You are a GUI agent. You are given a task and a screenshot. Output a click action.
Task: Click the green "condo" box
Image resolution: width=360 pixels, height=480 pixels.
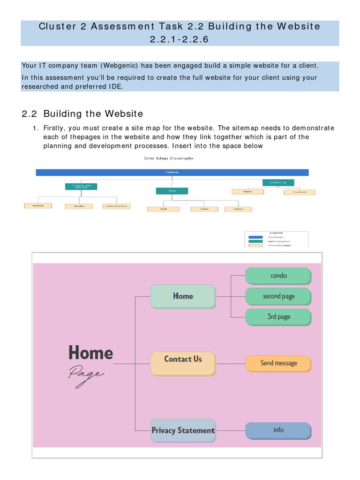[x=278, y=276]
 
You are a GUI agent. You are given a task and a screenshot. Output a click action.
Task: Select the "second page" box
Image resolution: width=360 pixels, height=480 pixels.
[x=278, y=296]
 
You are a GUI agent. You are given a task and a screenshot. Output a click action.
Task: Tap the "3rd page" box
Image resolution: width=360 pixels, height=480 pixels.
[x=278, y=317]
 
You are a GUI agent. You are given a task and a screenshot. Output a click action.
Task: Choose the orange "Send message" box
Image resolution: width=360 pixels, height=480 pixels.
[x=278, y=363]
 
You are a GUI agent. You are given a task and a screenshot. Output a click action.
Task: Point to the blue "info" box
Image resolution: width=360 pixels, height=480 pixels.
[x=278, y=430]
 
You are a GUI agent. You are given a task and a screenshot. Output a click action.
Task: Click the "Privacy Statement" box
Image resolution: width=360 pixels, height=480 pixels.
[x=183, y=430]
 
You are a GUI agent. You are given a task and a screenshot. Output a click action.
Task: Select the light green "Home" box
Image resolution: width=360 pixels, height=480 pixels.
[x=183, y=296]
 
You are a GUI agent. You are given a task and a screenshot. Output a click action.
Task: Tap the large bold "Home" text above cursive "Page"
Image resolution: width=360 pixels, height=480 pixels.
[x=91, y=352]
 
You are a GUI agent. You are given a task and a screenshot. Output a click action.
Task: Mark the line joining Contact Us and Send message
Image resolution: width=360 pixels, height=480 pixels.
[x=231, y=363]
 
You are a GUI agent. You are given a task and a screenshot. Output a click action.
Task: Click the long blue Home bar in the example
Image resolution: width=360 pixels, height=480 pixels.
[x=172, y=172]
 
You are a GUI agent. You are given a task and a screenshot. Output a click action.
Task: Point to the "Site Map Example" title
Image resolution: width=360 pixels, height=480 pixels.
[x=168, y=158]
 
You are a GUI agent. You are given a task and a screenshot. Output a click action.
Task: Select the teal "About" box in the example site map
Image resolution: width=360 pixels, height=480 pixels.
[x=172, y=191]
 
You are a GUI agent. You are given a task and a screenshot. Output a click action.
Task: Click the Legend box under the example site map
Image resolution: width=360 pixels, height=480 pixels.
[x=276, y=239]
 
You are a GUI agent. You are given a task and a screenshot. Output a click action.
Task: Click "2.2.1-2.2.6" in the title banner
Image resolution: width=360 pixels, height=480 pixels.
[x=180, y=39]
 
